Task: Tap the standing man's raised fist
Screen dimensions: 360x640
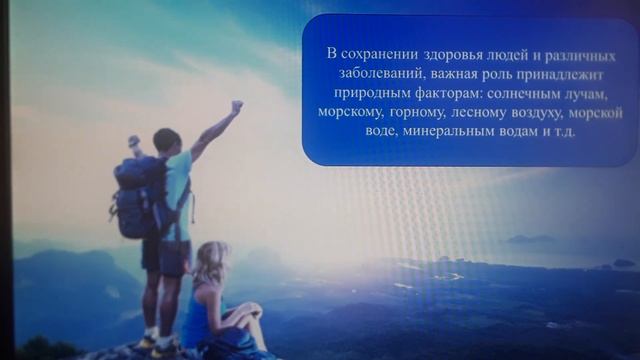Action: pyautogui.click(x=237, y=105)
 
